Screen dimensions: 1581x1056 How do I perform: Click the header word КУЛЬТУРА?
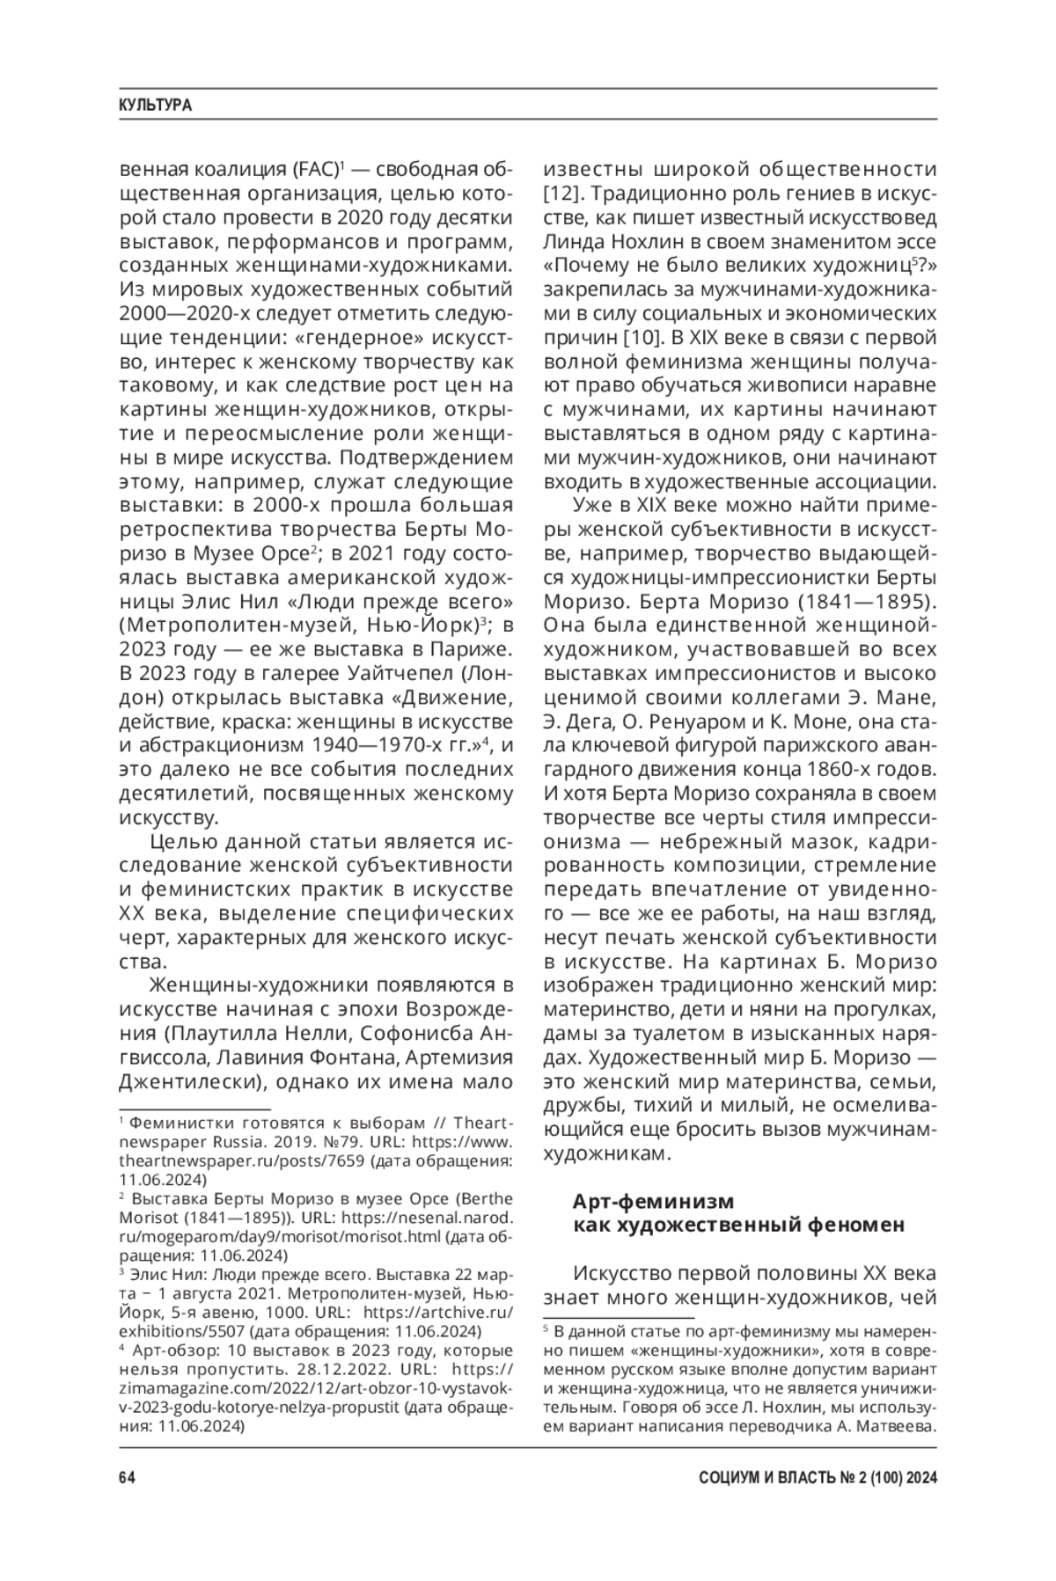point(155,106)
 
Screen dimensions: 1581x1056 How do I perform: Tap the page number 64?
point(127,1477)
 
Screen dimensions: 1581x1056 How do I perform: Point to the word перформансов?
point(298,241)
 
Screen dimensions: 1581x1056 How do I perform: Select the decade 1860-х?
point(836,770)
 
